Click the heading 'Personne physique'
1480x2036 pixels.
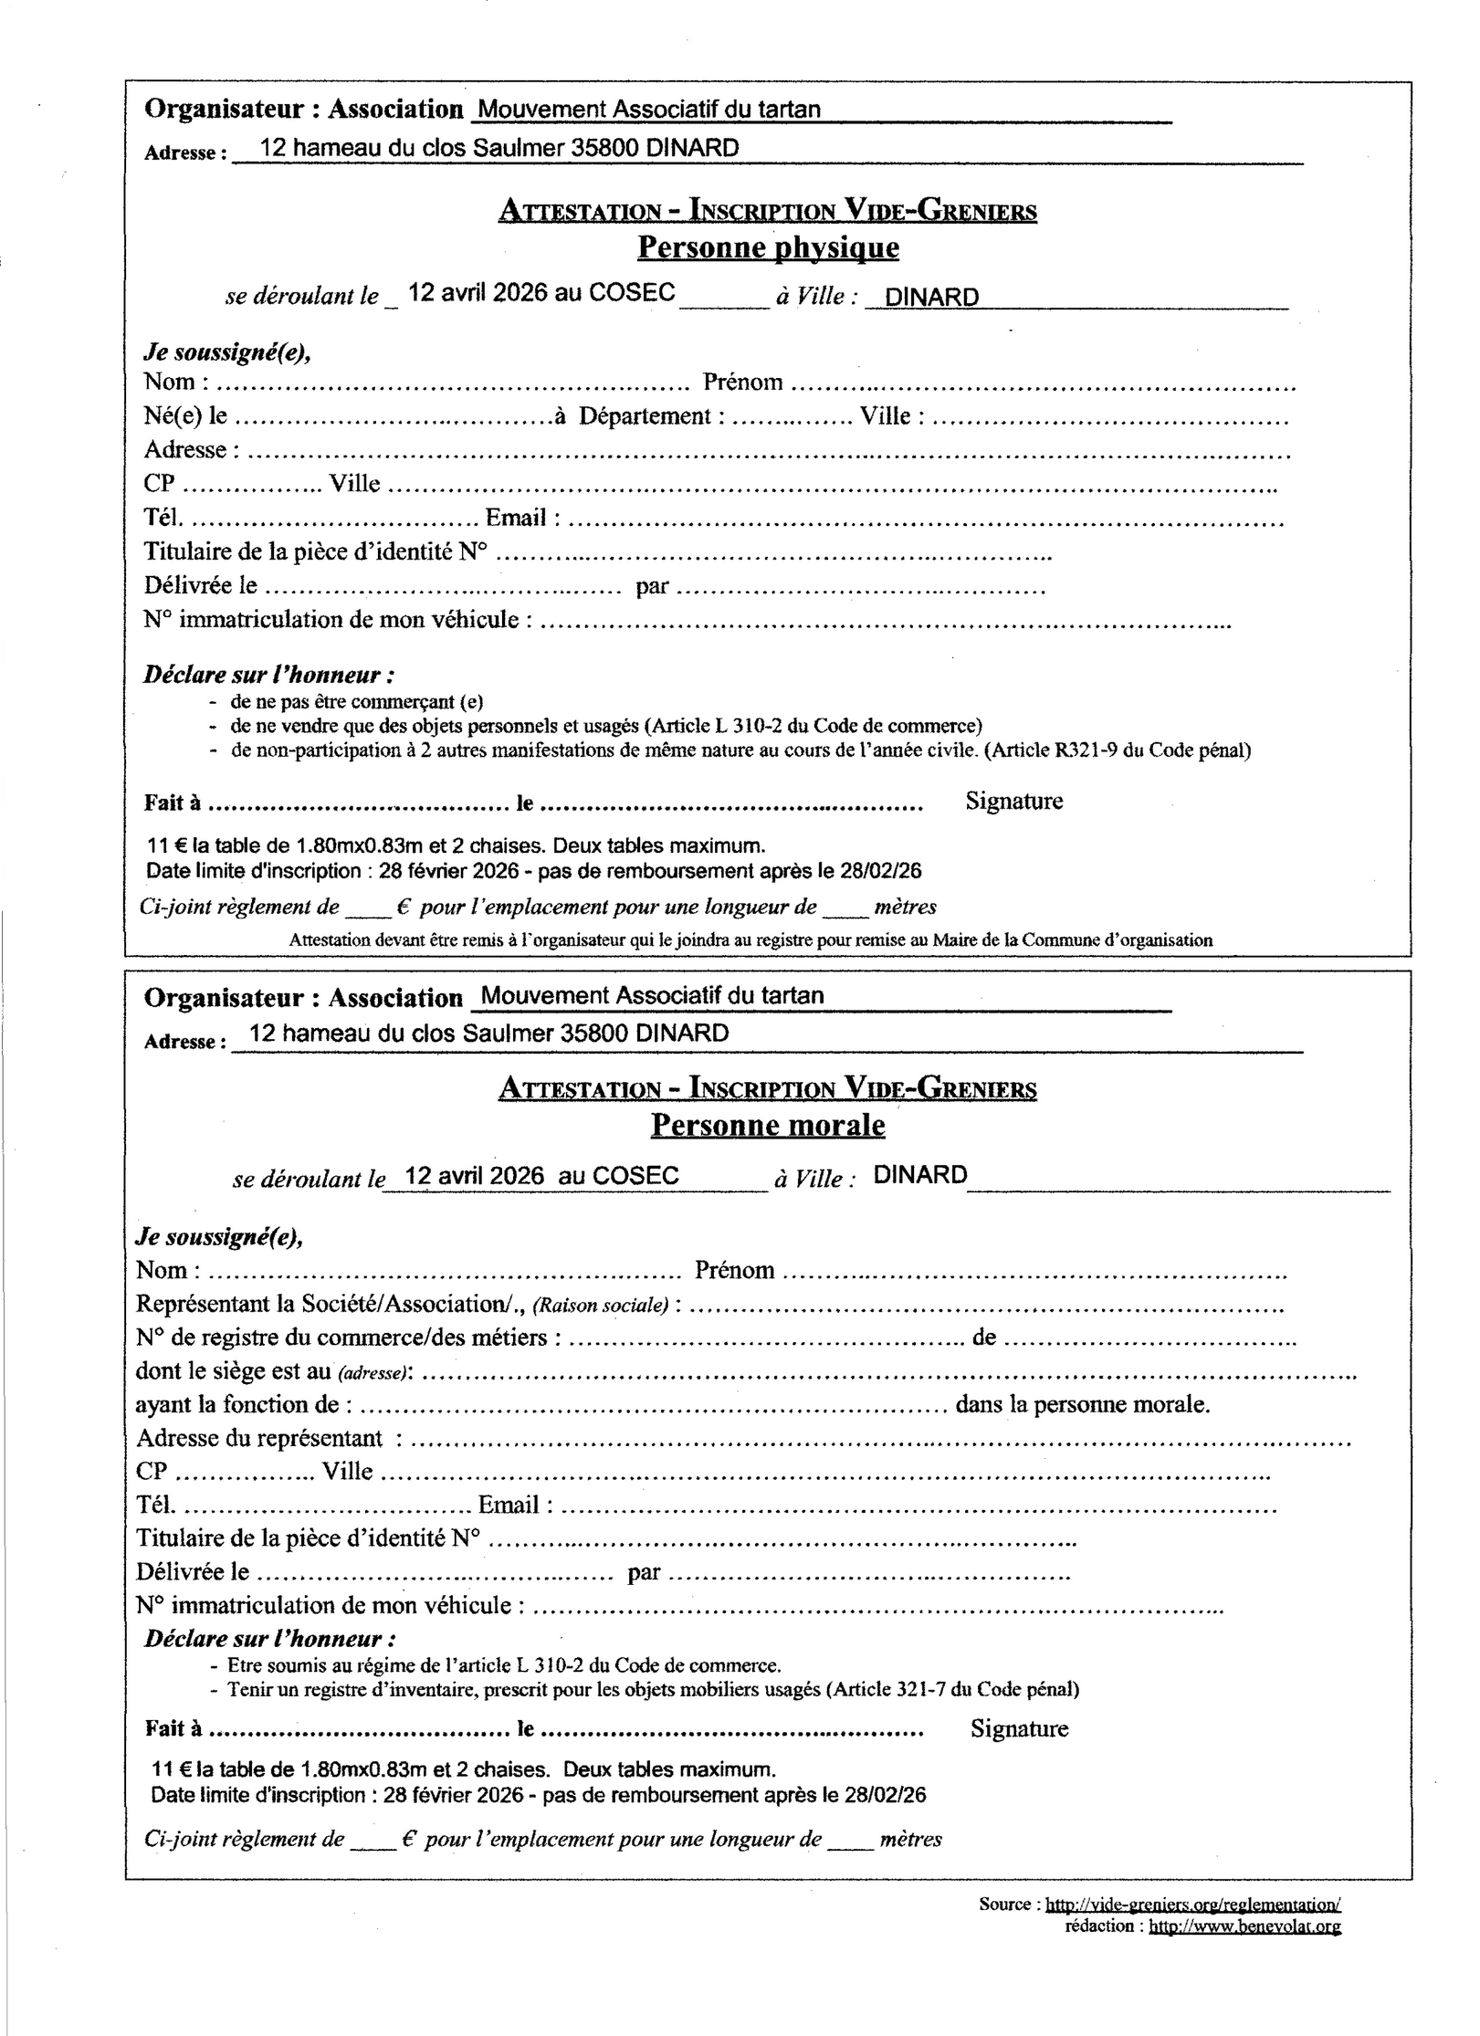click(x=768, y=247)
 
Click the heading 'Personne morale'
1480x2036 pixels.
click(x=768, y=1125)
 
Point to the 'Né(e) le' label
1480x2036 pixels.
click(x=185, y=416)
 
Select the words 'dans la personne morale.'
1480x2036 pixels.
click(x=1082, y=1404)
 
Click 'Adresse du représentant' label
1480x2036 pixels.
click(x=259, y=1438)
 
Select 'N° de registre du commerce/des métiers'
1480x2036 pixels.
click(x=341, y=1338)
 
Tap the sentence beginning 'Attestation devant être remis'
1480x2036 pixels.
click(x=750, y=939)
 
